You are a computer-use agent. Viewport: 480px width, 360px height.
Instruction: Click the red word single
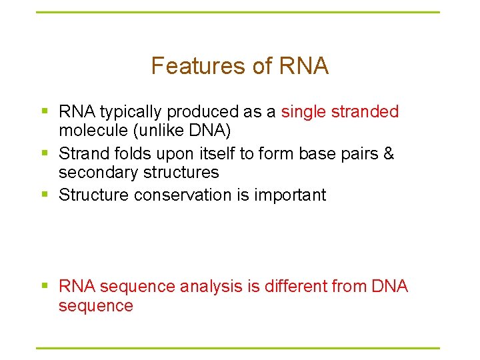click(304, 112)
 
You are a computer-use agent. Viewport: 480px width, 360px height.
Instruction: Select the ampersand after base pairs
click(389, 154)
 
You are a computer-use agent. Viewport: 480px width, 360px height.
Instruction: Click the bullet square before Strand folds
click(45, 154)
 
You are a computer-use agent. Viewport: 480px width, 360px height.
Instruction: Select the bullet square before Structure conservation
click(45, 195)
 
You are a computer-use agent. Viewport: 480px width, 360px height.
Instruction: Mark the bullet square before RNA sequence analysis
click(45, 287)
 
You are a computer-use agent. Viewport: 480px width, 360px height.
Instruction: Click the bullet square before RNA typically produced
click(45, 112)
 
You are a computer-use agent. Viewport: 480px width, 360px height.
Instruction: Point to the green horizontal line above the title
click(238, 12)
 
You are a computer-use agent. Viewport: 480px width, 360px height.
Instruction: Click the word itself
click(217, 154)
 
